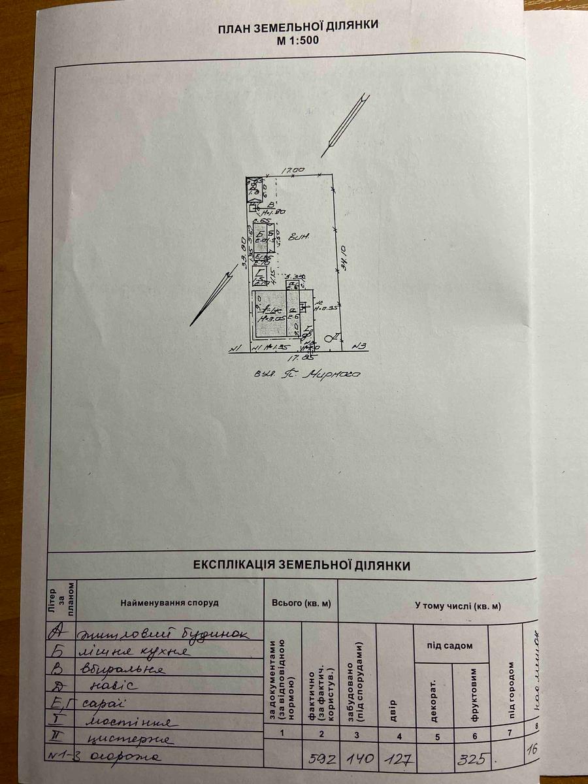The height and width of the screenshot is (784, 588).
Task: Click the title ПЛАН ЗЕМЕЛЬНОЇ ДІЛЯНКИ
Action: (297, 26)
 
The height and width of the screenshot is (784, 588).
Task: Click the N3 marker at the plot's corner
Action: (359, 346)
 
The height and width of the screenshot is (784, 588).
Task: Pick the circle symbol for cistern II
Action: (329, 338)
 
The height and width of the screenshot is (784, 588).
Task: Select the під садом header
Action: (451, 645)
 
